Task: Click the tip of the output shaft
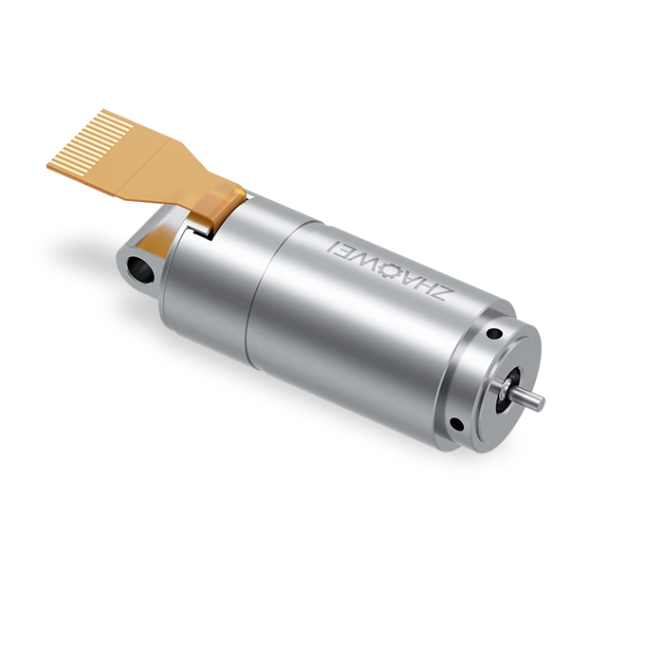tap(539, 402)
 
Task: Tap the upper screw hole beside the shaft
tap(494, 334)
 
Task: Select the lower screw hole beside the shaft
tap(457, 422)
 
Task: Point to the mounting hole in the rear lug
tap(140, 269)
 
